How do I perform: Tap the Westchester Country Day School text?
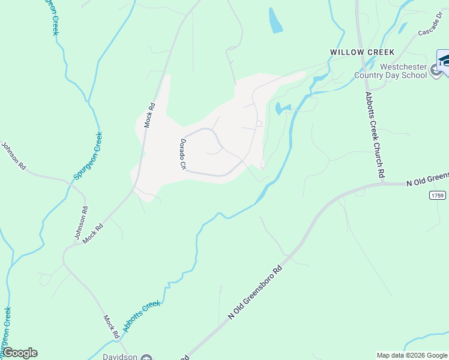pyautogui.click(x=390, y=71)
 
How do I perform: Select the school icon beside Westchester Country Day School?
pyautogui.click(x=436, y=73)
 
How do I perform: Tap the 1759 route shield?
pyautogui.click(x=438, y=196)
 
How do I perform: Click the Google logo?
pyautogui.click(x=20, y=353)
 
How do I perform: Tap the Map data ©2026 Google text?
pyautogui.click(x=411, y=355)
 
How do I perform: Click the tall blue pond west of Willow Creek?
pyautogui.click(x=276, y=21)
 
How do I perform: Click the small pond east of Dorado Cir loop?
pyautogui.click(x=281, y=109)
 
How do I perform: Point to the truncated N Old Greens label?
pyautogui.click(x=427, y=178)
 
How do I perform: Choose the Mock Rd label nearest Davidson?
pyautogui.click(x=112, y=326)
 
